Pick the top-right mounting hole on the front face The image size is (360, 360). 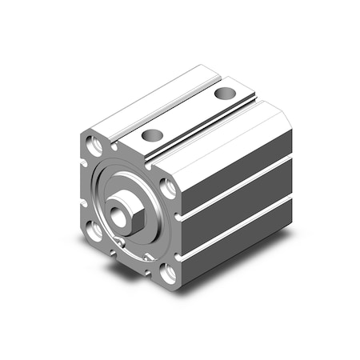point(168,189)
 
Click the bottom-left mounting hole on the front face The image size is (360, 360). point(96,231)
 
